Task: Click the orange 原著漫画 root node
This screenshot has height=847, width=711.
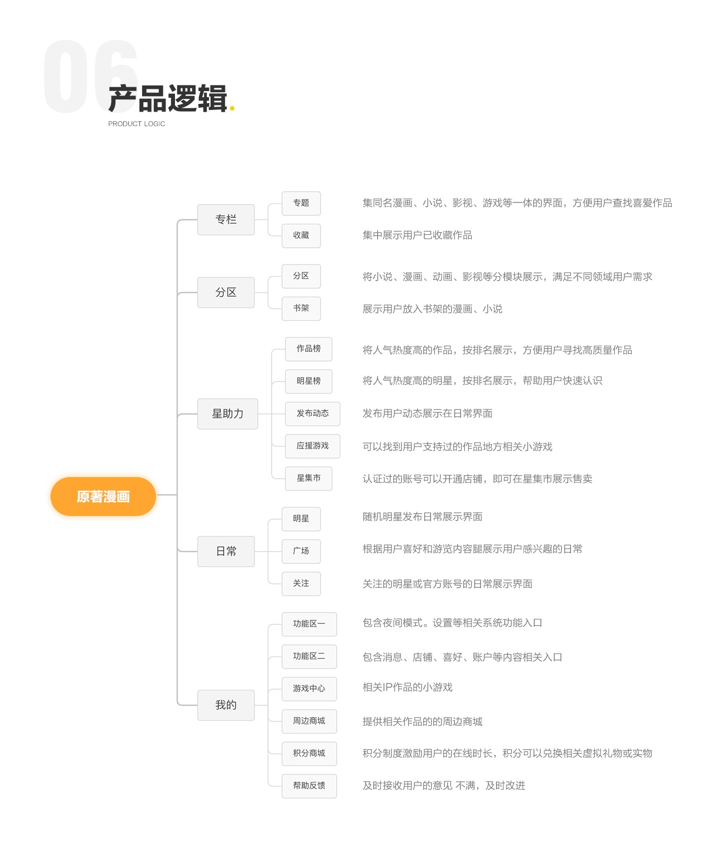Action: coord(103,497)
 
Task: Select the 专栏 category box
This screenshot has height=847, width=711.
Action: coord(226,219)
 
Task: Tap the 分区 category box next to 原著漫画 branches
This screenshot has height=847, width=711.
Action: coord(226,292)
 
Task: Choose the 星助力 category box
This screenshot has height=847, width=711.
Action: coord(228,414)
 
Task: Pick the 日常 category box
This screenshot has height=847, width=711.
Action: coord(226,551)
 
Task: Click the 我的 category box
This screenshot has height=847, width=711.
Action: coord(226,705)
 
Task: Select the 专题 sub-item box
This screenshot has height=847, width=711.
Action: coord(301,203)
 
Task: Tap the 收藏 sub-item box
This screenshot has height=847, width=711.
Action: coord(301,235)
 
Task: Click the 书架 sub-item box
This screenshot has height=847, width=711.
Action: coord(301,308)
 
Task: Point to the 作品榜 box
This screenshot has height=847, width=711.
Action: coord(308,349)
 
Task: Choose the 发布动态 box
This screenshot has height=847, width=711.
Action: coord(312,413)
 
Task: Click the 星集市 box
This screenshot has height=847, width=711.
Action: coord(308,478)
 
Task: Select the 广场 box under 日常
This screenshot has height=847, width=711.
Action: coord(301,551)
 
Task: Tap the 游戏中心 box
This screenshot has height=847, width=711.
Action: coord(309,689)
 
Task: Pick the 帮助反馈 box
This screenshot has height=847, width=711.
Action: coord(309,785)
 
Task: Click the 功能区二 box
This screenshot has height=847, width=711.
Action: coord(309,656)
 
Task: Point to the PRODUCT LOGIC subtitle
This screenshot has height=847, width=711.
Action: coord(137,124)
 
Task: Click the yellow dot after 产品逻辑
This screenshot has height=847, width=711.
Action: coord(232,108)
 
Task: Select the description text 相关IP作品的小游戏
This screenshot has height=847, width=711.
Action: coord(407,688)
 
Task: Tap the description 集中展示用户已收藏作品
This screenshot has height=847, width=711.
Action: coord(417,235)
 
